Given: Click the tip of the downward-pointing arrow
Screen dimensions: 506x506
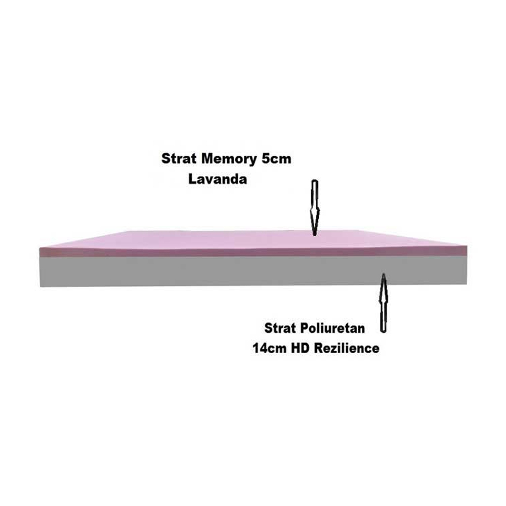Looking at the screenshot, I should (x=314, y=235).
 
